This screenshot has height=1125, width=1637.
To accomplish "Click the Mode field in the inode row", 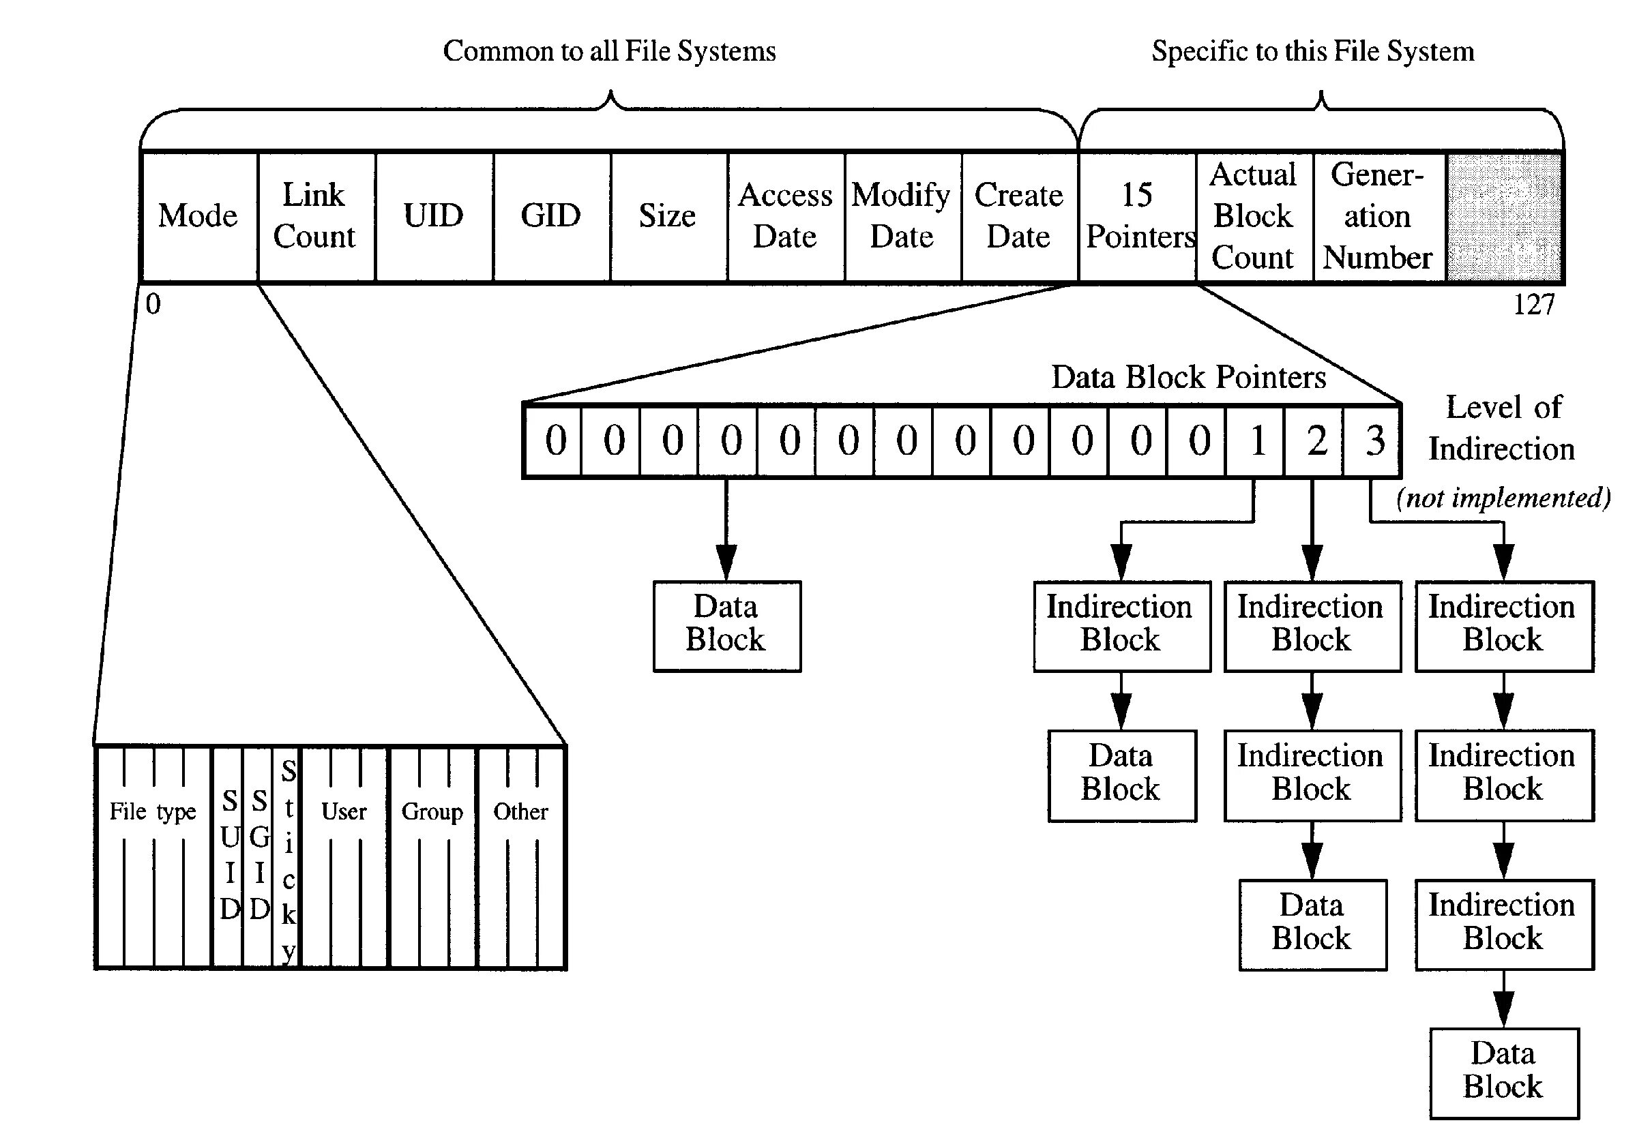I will [x=198, y=215].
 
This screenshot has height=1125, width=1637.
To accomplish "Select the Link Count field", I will [x=315, y=215].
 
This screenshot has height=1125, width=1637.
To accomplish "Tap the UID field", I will [x=433, y=215].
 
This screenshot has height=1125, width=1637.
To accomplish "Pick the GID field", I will [x=550, y=215].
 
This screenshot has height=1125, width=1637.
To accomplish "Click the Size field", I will [x=668, y=215].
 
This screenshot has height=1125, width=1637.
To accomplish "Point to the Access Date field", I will [x=784, y=215].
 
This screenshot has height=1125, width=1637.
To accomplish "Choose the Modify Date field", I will [x=902, y=215].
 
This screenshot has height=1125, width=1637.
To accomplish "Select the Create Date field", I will [x=1019, y=215].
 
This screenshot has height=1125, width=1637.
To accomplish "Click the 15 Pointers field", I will [x=1137, y=215].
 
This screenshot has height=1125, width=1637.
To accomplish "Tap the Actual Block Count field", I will [x=1254, y=215].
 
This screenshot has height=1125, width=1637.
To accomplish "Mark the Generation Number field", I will [x=1378, y=215].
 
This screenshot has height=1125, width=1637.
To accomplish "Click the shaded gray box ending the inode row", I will [x=1503, y=215].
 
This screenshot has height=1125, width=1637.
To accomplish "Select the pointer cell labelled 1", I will [x=1255, y=441].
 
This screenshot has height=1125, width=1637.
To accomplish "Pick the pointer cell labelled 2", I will [x=1314, y=441].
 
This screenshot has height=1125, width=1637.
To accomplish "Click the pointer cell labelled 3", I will [x=1372, y=441].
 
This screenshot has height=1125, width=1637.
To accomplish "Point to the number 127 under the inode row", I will [x=1533, y=305].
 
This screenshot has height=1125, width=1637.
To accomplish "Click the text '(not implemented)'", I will [x=1503, y=498].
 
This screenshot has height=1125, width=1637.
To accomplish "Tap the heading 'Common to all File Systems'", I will [x=609, y=51].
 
